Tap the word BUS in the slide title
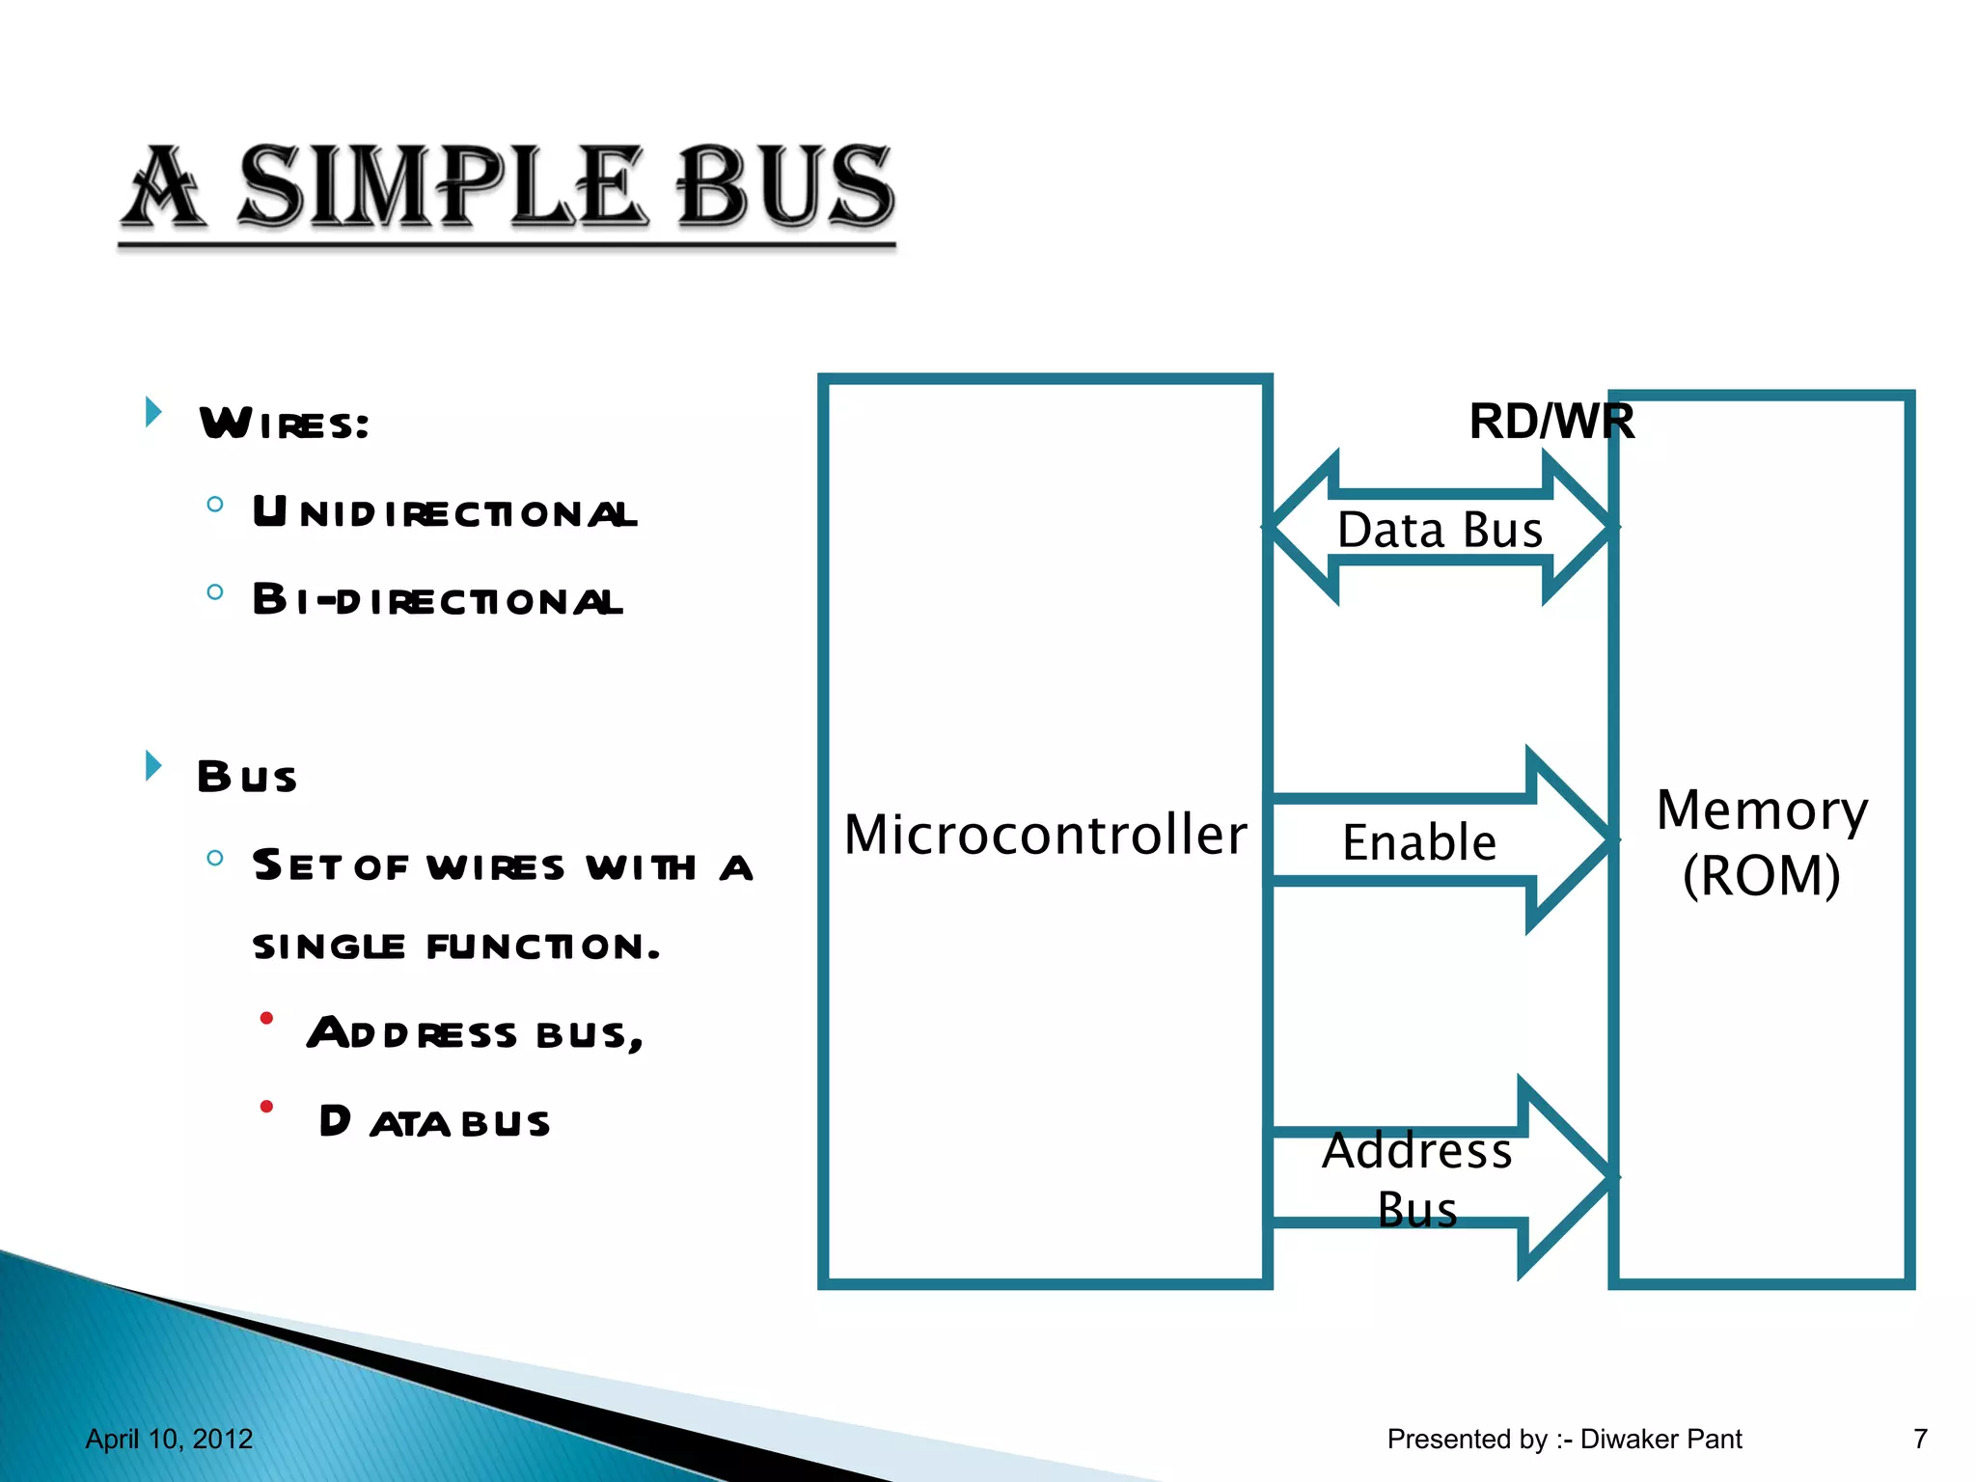784,186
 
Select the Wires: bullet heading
285,424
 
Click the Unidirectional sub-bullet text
445,512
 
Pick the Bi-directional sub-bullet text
437,600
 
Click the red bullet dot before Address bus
267,1018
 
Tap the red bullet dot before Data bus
267,1106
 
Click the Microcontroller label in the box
1045,835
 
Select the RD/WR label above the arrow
1551,422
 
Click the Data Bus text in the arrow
1440,530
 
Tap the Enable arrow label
1419,842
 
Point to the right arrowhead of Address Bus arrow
1568,1177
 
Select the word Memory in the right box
1762,810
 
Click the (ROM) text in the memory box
1762,876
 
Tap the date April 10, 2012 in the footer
169,1439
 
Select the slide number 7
1920,1439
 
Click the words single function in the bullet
455,947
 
